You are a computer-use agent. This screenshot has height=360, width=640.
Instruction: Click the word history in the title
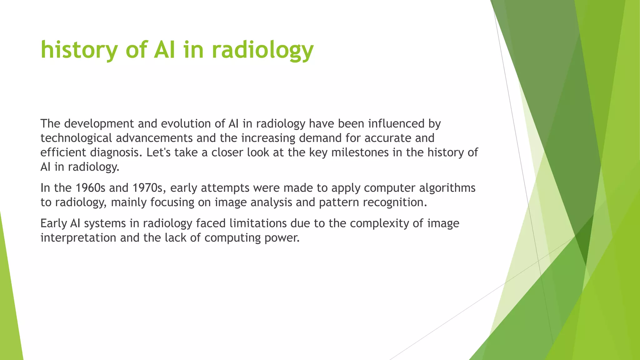(79, 50)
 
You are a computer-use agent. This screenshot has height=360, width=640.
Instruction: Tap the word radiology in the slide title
(262, 50)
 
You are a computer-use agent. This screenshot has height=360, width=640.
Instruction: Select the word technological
(76, 138)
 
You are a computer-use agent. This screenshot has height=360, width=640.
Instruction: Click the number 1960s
(90, 188)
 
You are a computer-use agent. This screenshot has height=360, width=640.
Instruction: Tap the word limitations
(258, 223)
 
